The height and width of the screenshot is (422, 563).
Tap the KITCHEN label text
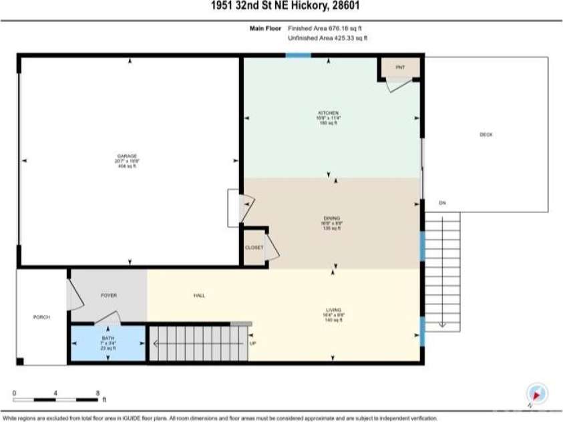tap(328, 113)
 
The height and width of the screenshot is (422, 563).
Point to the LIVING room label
tap(334, 310)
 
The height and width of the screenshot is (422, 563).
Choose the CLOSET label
tap(254, 247)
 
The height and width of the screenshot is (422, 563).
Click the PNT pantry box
tap(399, 67)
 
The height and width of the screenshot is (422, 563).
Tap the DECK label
tap(486, 135)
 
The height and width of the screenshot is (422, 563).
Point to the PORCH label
tap(41, 316)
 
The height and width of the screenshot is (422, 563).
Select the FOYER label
tap(109, 295)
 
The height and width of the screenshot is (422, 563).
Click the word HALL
tap(199, 295)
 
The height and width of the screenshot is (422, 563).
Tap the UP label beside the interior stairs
tap(252, 344)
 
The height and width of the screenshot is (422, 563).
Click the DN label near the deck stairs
tap(441, 203)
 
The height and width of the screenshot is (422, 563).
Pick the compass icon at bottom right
tap(536, 393)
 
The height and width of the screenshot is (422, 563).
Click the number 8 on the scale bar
tap(98, 393)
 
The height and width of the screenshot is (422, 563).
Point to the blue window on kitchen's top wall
tap(298, 55)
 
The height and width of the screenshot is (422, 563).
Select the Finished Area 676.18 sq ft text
tap(328, 29)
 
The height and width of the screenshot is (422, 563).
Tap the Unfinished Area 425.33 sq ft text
tap(328, 38)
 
